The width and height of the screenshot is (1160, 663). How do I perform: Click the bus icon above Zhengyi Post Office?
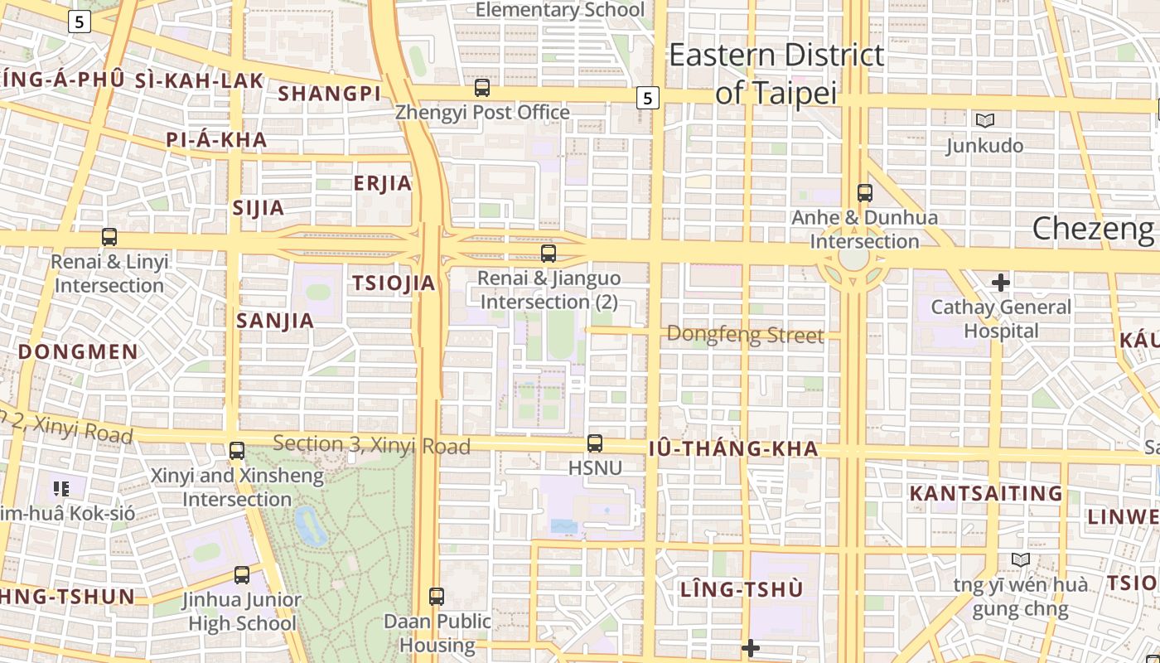click(x=482, y=87)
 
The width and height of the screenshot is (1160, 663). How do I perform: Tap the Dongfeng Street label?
click(x=745, y=335)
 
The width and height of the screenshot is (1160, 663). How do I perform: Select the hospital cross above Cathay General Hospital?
click(x=1000, y=283)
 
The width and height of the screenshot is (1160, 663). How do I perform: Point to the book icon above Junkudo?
click(x=984, y=121)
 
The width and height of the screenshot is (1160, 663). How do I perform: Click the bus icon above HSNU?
click(x=595, y=443)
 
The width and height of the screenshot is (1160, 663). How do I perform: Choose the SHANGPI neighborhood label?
click(x=329, y=94)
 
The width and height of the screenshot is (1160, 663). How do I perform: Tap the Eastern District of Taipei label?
click(x=776, y=74)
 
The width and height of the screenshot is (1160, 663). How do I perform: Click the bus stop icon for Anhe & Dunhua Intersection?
click(x=865, y=193)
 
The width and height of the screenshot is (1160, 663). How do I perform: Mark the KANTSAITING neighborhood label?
click(x=985, y=494)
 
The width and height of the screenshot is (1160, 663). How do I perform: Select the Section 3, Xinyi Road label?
click(x=371, y=445)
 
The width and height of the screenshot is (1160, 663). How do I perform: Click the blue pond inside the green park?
click(x=310, y=525)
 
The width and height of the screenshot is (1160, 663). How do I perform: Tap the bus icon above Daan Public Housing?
click(x=437, y=596)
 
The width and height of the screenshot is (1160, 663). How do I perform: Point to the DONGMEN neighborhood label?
click(x=78, y=351)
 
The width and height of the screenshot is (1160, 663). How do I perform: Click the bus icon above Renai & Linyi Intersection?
click(x=109, y=237)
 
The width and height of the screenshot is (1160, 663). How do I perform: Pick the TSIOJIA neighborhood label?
click(x=394, y=283)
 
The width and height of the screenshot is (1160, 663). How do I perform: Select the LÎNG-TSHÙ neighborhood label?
click(x=742, y=590)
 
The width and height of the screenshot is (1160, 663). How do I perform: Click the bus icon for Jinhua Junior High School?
click(x=242, y=574)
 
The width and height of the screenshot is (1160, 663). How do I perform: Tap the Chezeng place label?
click(x=1092, y=229)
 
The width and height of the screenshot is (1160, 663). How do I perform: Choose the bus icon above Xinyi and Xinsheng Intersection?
click(x=237, y=451)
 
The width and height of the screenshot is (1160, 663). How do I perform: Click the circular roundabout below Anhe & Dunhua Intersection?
click(x=853, y=258)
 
